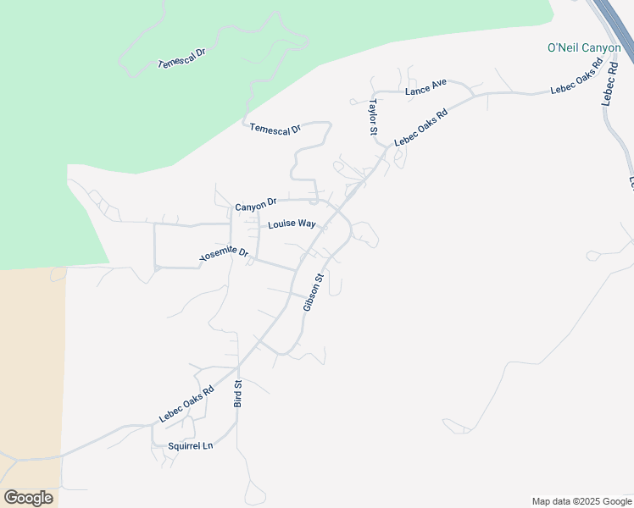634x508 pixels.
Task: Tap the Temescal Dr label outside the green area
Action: pos(275,129)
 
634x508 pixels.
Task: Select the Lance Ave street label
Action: pos(425,87)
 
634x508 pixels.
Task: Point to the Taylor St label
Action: pos(371,117)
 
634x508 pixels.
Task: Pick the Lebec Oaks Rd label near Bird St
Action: pos(186,405)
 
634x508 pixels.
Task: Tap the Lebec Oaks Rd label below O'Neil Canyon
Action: pos(576,77)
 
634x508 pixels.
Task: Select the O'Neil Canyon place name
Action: pos(584,48)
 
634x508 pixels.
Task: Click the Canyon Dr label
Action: pos(256,203)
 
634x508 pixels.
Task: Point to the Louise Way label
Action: pos(292,224)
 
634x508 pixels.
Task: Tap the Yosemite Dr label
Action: pos(223,253)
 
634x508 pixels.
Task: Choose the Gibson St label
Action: pos(313,291)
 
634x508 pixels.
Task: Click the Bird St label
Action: pos(238,394)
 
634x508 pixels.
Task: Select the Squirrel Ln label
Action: pos(190,445)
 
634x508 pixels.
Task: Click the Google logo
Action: pos(28,497)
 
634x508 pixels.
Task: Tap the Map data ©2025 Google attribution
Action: pos(581,501)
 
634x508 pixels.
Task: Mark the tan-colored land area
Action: pos(30,364)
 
